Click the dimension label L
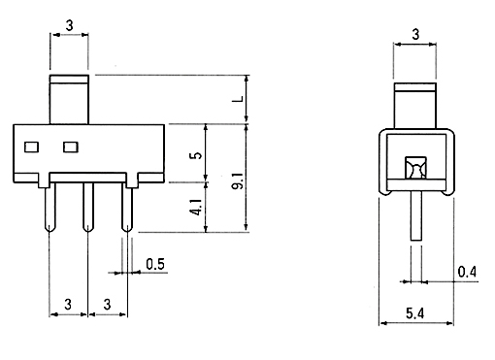tap(239, 99)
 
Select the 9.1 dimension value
tap(239, 181)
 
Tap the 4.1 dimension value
tap(197, 207)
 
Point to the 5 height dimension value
tap(197, 155)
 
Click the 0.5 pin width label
tap(155, 264)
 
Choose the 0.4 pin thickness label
tap(467, 272)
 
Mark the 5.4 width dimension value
tap(415, 313)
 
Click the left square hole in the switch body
tap(32, 147)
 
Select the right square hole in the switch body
tap(71, 147)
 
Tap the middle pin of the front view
tap(88, 207)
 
